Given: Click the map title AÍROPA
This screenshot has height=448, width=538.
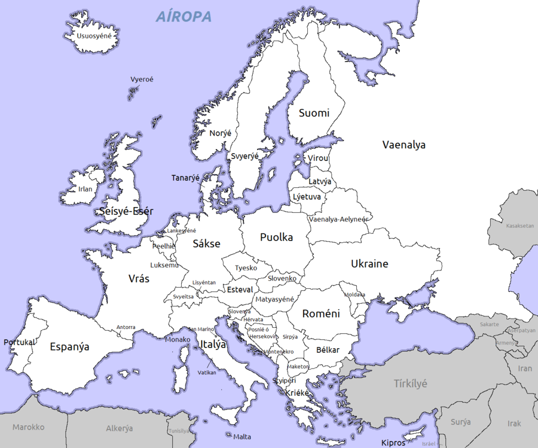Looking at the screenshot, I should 184,17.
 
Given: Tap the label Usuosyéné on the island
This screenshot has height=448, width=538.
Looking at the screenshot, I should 94,36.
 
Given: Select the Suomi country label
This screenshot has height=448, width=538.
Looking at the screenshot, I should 314,113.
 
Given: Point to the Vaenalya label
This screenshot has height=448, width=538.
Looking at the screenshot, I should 404,145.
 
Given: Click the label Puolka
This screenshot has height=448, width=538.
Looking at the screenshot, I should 276,237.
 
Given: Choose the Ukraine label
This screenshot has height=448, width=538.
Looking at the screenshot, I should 369,264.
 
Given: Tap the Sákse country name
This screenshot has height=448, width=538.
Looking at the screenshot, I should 206,243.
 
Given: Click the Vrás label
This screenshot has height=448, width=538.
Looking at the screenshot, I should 139,279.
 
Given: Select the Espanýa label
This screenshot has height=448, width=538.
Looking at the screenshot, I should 69,346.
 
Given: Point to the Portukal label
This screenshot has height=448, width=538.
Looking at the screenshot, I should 19,342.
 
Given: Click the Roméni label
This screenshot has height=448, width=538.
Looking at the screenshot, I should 320,313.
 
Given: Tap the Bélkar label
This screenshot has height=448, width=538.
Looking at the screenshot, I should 328,350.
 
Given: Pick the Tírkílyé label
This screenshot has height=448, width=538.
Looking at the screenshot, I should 411,383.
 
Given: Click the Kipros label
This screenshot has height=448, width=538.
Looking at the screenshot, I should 393,443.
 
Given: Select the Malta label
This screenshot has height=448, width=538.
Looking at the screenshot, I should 242,437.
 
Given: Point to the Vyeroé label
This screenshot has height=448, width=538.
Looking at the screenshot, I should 142,79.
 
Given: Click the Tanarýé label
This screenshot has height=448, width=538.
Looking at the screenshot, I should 185,178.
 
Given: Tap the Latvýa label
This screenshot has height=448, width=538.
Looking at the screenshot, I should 320,181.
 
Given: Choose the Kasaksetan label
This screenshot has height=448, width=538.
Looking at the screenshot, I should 519,226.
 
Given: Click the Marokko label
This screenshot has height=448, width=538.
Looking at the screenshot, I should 29,427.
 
